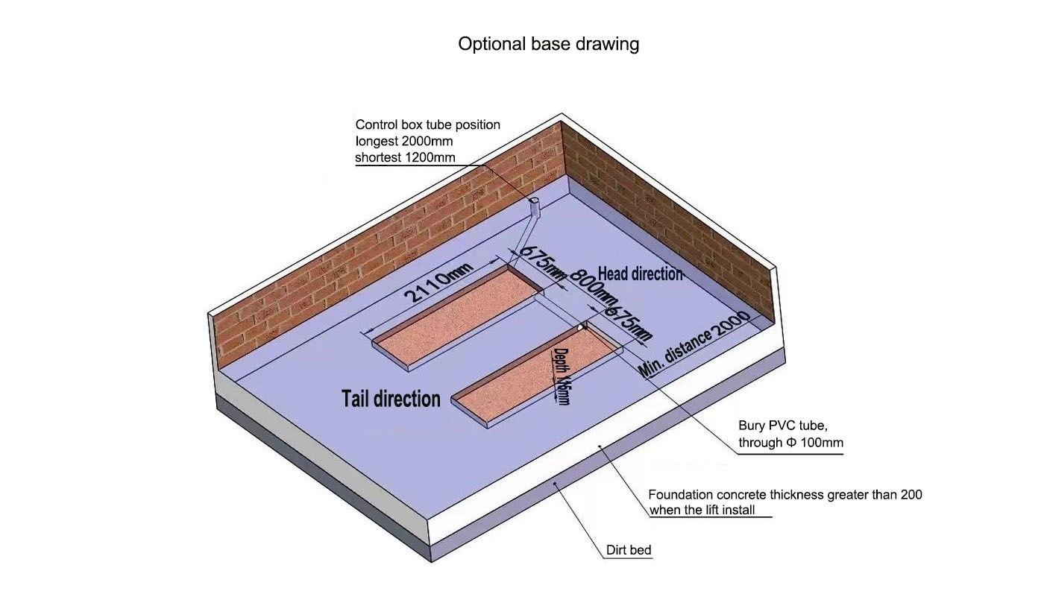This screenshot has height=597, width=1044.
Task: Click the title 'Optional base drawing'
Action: click(548, 44)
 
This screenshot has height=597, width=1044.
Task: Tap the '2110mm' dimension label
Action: click(438, 282)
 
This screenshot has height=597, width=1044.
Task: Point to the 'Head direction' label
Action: click(640, 274)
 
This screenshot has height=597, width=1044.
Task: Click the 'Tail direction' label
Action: click(391, 399)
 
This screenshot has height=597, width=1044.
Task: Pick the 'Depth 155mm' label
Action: click(561, 376)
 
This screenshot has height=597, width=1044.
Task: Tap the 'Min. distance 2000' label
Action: click(694, 344)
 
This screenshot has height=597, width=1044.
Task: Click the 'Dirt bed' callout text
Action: click(628, 550)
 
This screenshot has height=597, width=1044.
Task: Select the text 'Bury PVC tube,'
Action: click(783, 426)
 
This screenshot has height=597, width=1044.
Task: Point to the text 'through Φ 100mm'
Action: click(790, 443)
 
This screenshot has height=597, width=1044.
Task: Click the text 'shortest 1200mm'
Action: click(405, 157)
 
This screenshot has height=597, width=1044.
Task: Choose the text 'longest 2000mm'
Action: click(403, 141)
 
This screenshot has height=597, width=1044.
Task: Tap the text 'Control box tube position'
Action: click(427, 124)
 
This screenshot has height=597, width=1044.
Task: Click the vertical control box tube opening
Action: click(534, 200)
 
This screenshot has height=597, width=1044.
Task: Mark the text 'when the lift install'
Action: click(702, 510)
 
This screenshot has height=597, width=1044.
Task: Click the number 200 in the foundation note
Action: click(911, 495)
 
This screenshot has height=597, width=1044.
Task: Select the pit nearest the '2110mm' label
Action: click(458, 318)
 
